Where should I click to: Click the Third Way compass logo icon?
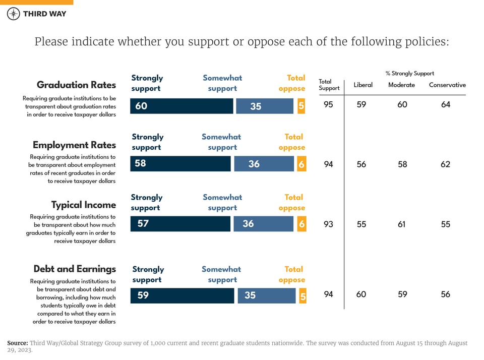[14, 14]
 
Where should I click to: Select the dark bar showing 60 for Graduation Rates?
[181, 106]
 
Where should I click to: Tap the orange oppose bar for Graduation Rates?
[301, 106]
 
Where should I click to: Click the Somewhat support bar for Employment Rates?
[264, 164]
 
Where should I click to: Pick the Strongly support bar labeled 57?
[180, 223]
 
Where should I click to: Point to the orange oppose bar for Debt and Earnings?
[302, 296]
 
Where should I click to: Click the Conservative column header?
[447, 85]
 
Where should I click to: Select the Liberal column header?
[363, 85]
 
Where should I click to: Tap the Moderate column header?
[401, 85]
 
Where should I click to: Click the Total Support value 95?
[328, 105]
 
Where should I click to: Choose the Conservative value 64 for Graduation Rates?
[445, 105]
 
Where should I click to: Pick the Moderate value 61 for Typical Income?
[401, 224]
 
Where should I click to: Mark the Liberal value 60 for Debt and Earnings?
[361, 294]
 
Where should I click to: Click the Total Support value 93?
[328, 224]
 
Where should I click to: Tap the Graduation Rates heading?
[76, 85]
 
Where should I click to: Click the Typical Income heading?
[83, 205]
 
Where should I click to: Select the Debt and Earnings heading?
[75, 269]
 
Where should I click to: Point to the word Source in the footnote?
[17, 343]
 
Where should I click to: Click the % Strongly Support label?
[409, 74]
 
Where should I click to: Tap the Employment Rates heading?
[74, 145]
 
